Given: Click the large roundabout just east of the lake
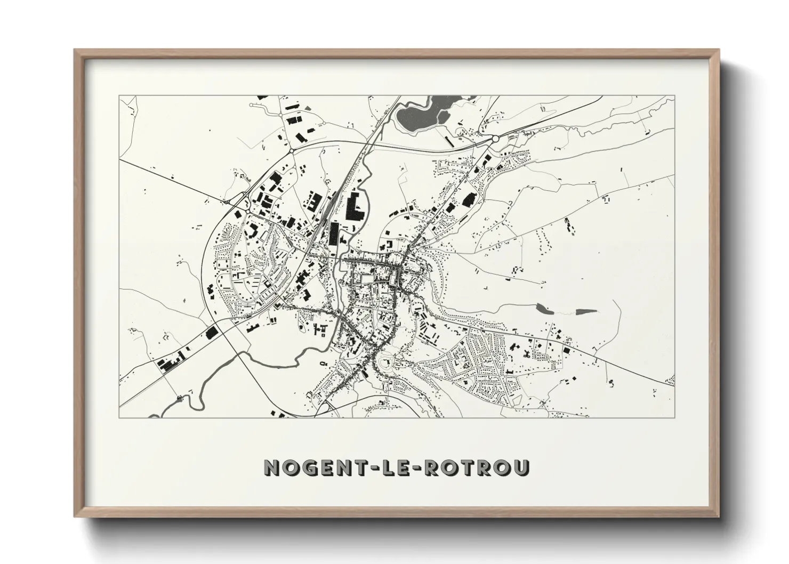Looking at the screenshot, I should coord(495,139).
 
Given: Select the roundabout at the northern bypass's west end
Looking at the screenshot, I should coord(292,151).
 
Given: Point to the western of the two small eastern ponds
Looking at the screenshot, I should coord(543,308).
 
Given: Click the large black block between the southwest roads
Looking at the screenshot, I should coord(212,333).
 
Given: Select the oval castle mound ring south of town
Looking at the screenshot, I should coord(385,366).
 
